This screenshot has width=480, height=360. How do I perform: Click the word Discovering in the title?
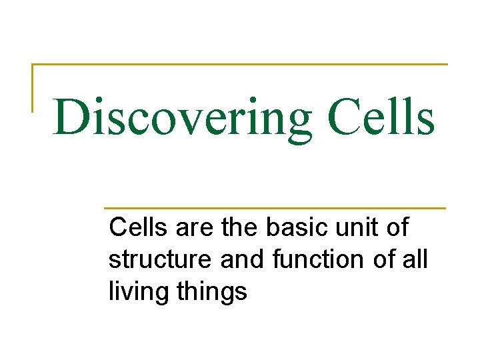point(181,118)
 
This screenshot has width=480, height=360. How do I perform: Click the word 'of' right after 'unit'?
point(397,228)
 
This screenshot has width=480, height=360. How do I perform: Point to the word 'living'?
point(135,292)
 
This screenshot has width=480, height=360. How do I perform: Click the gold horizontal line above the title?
point(240,65)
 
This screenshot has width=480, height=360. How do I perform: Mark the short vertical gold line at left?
point(33,87)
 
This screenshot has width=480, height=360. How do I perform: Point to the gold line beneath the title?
point(273,208)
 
